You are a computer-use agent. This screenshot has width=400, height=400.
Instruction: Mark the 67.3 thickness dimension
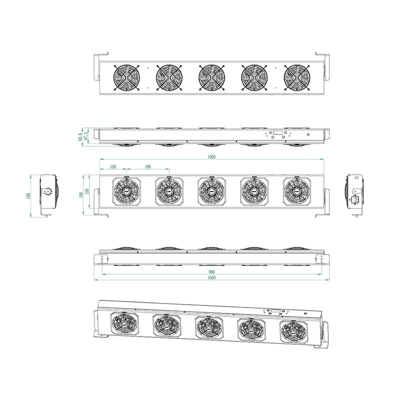click(87, 135)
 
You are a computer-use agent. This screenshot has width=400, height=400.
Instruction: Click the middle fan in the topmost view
click(211, 77)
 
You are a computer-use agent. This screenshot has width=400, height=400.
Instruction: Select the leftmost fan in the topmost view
click(127, 77)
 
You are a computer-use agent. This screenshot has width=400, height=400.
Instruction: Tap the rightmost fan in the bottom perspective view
click(292, 331)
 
